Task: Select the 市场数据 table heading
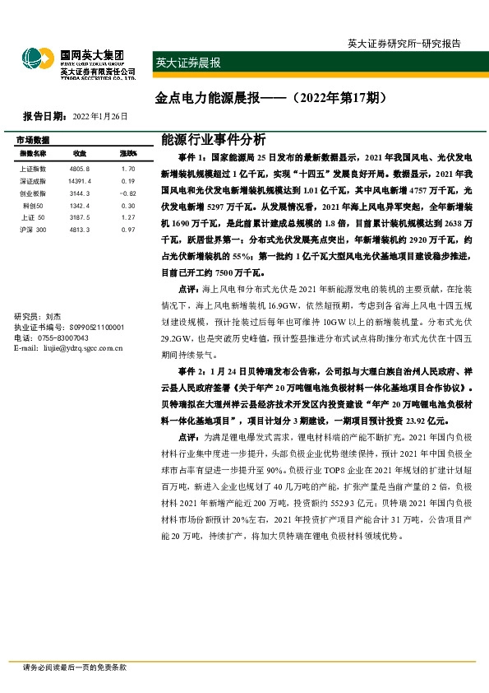click(x=33, y=140)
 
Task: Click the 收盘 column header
click(x=80, y=154)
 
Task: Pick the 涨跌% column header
click(x=127, y=154)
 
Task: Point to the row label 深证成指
click(x=31, y=180)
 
